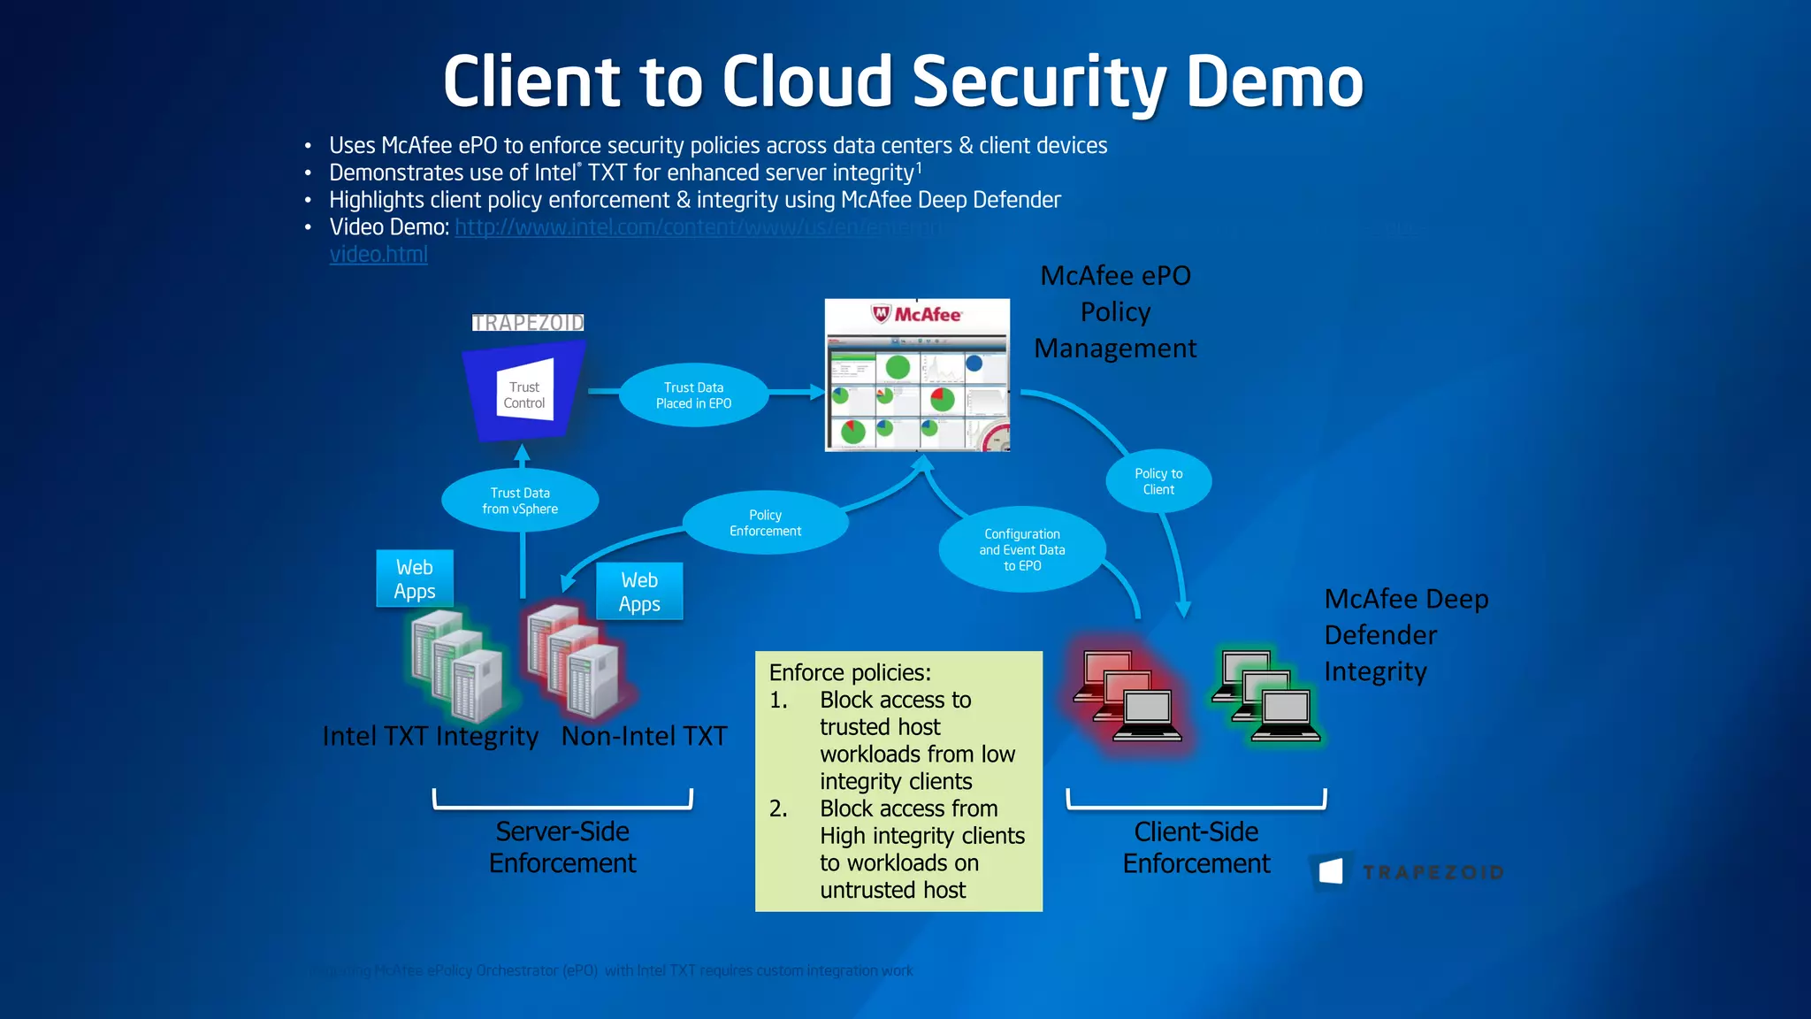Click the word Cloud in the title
point(807,81)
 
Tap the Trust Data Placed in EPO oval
point(693,395)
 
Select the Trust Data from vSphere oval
point(520,501)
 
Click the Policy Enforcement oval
point(765,523)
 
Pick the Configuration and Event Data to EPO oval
point(1021,549)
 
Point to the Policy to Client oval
point(1158,481)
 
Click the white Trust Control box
point(524,393)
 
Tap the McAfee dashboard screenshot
point(917,376)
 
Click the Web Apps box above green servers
point(414,579)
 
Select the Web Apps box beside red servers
point(639,592)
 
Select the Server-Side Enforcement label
point(562,847)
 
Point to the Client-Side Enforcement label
point(1196,847)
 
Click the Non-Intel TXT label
point(644,736)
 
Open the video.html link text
point(378,255)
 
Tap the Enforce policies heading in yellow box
point(849,673)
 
